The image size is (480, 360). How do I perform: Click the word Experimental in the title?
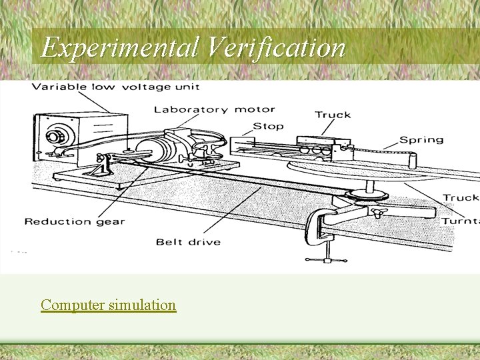click(120, 47)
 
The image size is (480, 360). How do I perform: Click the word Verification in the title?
click(277, 47)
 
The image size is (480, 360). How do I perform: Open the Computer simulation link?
click(108, 305)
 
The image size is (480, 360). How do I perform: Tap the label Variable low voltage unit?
click(115, 87)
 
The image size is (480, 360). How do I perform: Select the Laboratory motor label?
click(214, 109)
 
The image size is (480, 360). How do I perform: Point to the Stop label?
click(268, 125)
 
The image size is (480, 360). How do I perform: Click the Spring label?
click(421, 139)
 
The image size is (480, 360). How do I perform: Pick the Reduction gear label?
click(75, 221)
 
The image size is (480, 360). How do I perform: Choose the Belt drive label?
click(188, 241)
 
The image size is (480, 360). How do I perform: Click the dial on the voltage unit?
click(53, 136)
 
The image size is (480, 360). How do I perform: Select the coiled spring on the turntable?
click(379, 156)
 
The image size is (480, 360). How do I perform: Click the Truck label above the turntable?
click(333, 115)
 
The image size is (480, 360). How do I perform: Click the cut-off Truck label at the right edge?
click(461, 197)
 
